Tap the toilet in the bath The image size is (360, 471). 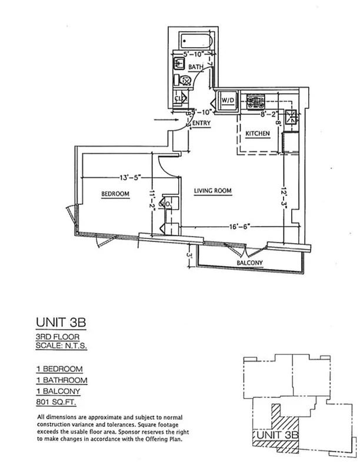(186, 81)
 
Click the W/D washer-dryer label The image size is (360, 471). (227, 100)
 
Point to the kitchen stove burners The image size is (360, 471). (256, 102)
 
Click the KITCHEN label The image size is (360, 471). (258, 134)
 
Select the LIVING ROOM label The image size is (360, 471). (213, 191)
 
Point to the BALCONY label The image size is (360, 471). (249, 263)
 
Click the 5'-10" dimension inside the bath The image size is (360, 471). (194, 55)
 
